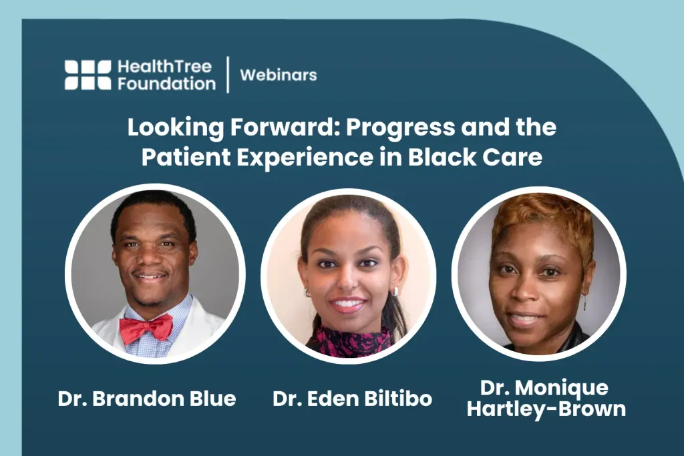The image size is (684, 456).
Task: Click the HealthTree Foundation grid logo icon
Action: (x=88, y=75)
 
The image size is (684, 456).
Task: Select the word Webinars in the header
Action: (x=279, y=75)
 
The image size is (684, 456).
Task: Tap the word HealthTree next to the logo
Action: (x=164, y=67)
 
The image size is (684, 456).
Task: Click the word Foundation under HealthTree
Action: (x=166, y=83)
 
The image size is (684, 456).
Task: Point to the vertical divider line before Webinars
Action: (x=228, y=75)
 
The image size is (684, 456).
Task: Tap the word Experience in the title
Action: (x=305, y=158)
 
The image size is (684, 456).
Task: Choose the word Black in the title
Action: (x=442, y=157)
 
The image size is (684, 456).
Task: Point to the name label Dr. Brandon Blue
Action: (x=147, y=399)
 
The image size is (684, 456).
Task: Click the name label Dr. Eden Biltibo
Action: (x=353, y=399)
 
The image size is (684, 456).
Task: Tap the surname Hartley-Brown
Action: (x=546, y=409)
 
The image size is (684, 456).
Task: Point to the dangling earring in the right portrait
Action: (x=584, y=301)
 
